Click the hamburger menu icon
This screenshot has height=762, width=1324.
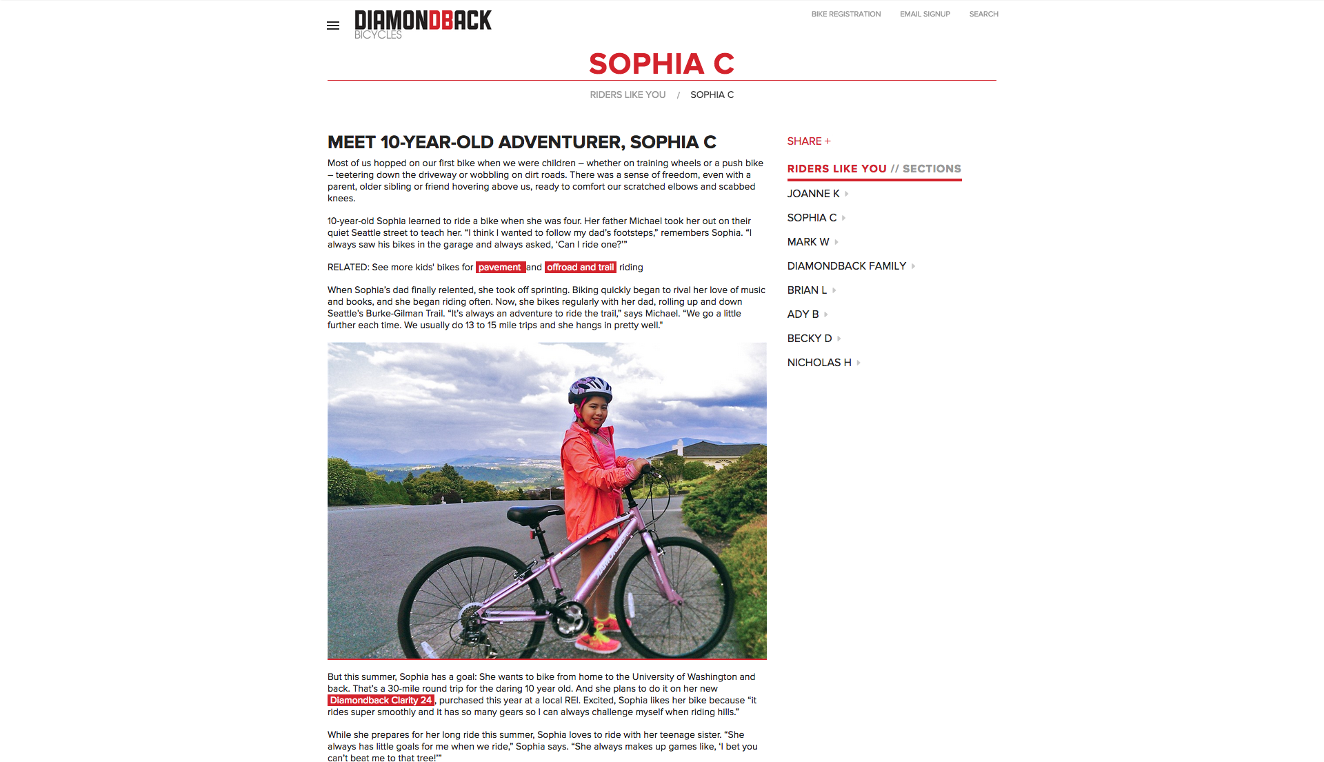point(333,26)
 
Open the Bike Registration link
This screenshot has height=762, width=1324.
point(846,14)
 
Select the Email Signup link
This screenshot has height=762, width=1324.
point(925,14)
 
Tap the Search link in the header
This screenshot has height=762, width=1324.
point(983,14)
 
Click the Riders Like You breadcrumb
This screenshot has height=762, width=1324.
point(628,94)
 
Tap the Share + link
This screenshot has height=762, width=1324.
point(809,141)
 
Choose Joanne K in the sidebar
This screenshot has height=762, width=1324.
point(814,194)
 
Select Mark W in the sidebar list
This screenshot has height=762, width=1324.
point(808,242)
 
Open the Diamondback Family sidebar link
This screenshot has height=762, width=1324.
point(847,266)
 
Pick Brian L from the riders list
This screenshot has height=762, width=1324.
point(807,290)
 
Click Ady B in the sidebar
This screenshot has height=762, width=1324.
point(803,314)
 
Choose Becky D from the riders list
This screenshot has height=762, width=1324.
point(810,339)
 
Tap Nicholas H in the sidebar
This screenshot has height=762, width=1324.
point(819,363)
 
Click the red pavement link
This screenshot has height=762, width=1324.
point(500,268)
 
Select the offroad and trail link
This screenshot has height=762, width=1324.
point(580,268)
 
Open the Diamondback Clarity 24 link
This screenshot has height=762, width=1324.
point(381,701)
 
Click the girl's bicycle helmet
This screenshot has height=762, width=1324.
point(590,389)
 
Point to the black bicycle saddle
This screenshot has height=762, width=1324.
point(535,513)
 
